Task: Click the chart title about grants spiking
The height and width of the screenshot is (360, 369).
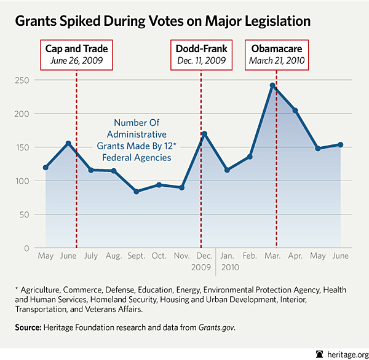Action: coord(162,20)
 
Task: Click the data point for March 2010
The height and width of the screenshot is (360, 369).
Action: coord(272,85)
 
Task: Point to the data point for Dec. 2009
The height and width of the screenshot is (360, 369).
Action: coord(204,133)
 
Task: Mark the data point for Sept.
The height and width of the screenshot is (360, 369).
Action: coord(136,192)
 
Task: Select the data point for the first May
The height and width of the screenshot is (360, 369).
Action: coord(46,167)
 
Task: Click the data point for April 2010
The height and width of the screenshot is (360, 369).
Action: coord(295,111)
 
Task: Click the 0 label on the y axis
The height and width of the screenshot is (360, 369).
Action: coord(27,248)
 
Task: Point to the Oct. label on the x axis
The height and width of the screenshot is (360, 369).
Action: coord(159,255)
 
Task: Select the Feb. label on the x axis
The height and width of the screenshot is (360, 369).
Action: coord(250,255)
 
